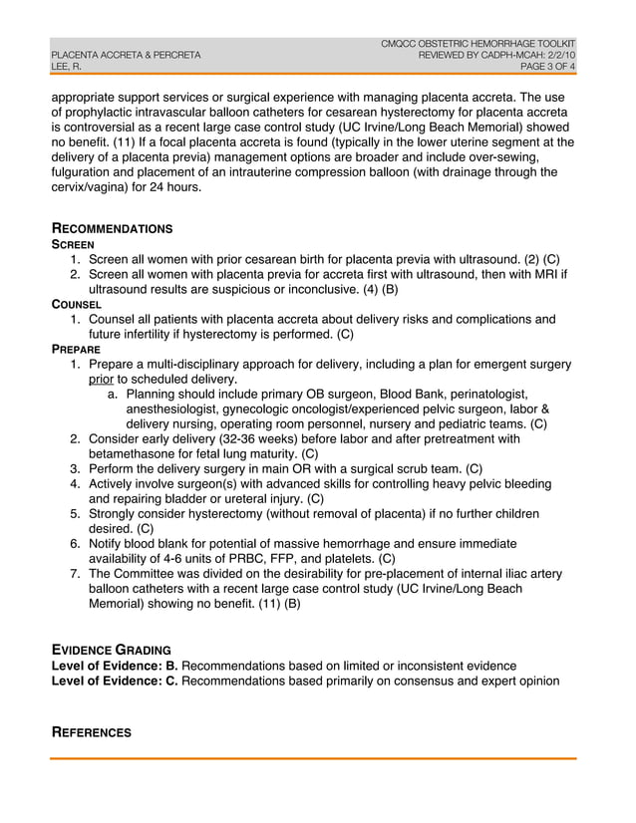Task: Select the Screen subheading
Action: coord(73,244)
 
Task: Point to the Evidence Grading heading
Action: coord(111,650)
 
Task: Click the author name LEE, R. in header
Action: coord(67,67)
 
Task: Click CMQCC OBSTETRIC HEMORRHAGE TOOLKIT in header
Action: coord(478,43)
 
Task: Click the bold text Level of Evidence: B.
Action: coord(115,666)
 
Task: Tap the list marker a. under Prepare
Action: coord(113,395)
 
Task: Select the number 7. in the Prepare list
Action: coord(76,574)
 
